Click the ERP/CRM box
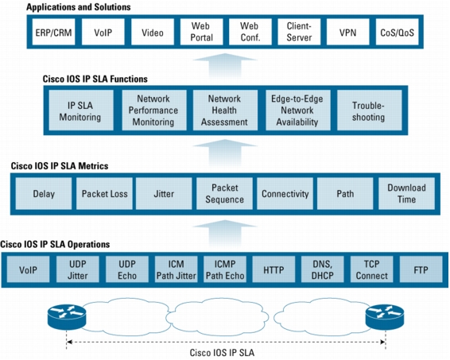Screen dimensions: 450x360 [x=54, y=32]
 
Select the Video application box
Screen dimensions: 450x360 [x=153, y=32]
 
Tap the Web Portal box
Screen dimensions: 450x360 [x=201, y=32]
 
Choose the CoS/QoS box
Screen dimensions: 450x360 [x=398, y=32]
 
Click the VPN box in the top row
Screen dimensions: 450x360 [x=347, y=32]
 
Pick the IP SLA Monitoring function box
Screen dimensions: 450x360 [x=81, y=110]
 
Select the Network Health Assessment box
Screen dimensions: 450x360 [x=225, y=110]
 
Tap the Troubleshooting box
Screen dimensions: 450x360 [x=370, y=110]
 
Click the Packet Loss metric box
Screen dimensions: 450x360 [x=104, y=194]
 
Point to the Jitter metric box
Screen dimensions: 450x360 [x=164, y=194]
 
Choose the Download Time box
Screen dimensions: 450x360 [x=406, y=194]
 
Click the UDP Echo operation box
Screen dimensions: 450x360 [x=127, y=269]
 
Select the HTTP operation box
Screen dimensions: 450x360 [x=273, y=269]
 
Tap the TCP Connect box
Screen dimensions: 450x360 [x=371, y=269]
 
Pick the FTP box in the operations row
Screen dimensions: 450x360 [x=421, y=269]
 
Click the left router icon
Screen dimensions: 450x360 [x=67, y=317]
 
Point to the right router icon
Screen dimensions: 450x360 [x=385, y=317]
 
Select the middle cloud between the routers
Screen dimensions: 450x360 [x=218, y=317]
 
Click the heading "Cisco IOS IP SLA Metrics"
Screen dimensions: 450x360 [x=60, y=166]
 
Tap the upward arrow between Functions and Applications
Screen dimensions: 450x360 [x=225, y=67]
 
